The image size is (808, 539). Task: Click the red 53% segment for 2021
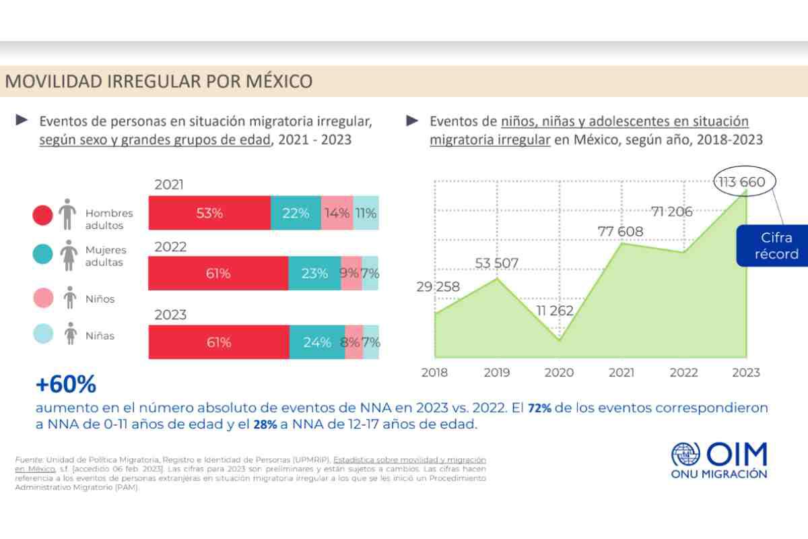pyautogui.click(x=209, y=213)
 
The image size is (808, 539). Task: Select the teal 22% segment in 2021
pyautogui.click(x=296, y=213)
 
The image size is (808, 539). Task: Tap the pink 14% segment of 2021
pyautogui.click(x=337, y=213)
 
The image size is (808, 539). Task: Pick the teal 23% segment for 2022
pyautogui.click(x=314, y=274)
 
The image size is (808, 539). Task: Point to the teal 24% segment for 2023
pyautogui.click(x=316, y=342)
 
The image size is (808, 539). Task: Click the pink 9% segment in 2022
pyautogui.click(x=351, y=274)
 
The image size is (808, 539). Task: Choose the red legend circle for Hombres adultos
pyautogui.click(x=43, y=215)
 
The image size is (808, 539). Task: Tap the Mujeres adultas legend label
pyautogui.click(x=105, y=256)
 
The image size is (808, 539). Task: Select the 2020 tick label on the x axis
pyautogui.click(x=559, y=373)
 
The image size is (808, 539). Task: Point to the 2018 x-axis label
pyautogui.click(x=435, y=373)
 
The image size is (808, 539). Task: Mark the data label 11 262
pyautogui.click(x=555, y=311)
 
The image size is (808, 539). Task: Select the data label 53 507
pyautogui.click(x=497, y=263)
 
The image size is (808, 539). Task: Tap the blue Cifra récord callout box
pyautogui.click(x=776, y=246)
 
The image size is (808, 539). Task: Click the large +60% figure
pyautogui.click(x=66, y=385)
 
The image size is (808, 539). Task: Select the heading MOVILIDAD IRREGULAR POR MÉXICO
pyautogui.click(x=159, y=82)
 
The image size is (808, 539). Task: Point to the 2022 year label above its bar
pyautogui.click(x=170, y=247)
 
